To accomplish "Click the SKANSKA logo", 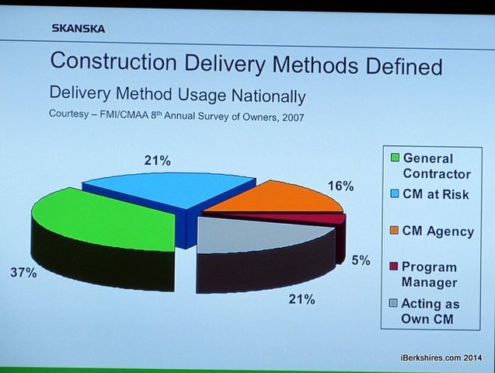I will (x=78, y=30).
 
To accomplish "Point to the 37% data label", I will (x=22, y=272).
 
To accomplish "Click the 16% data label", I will (x=340, y=186).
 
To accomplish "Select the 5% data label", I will (x=360, y=260).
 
